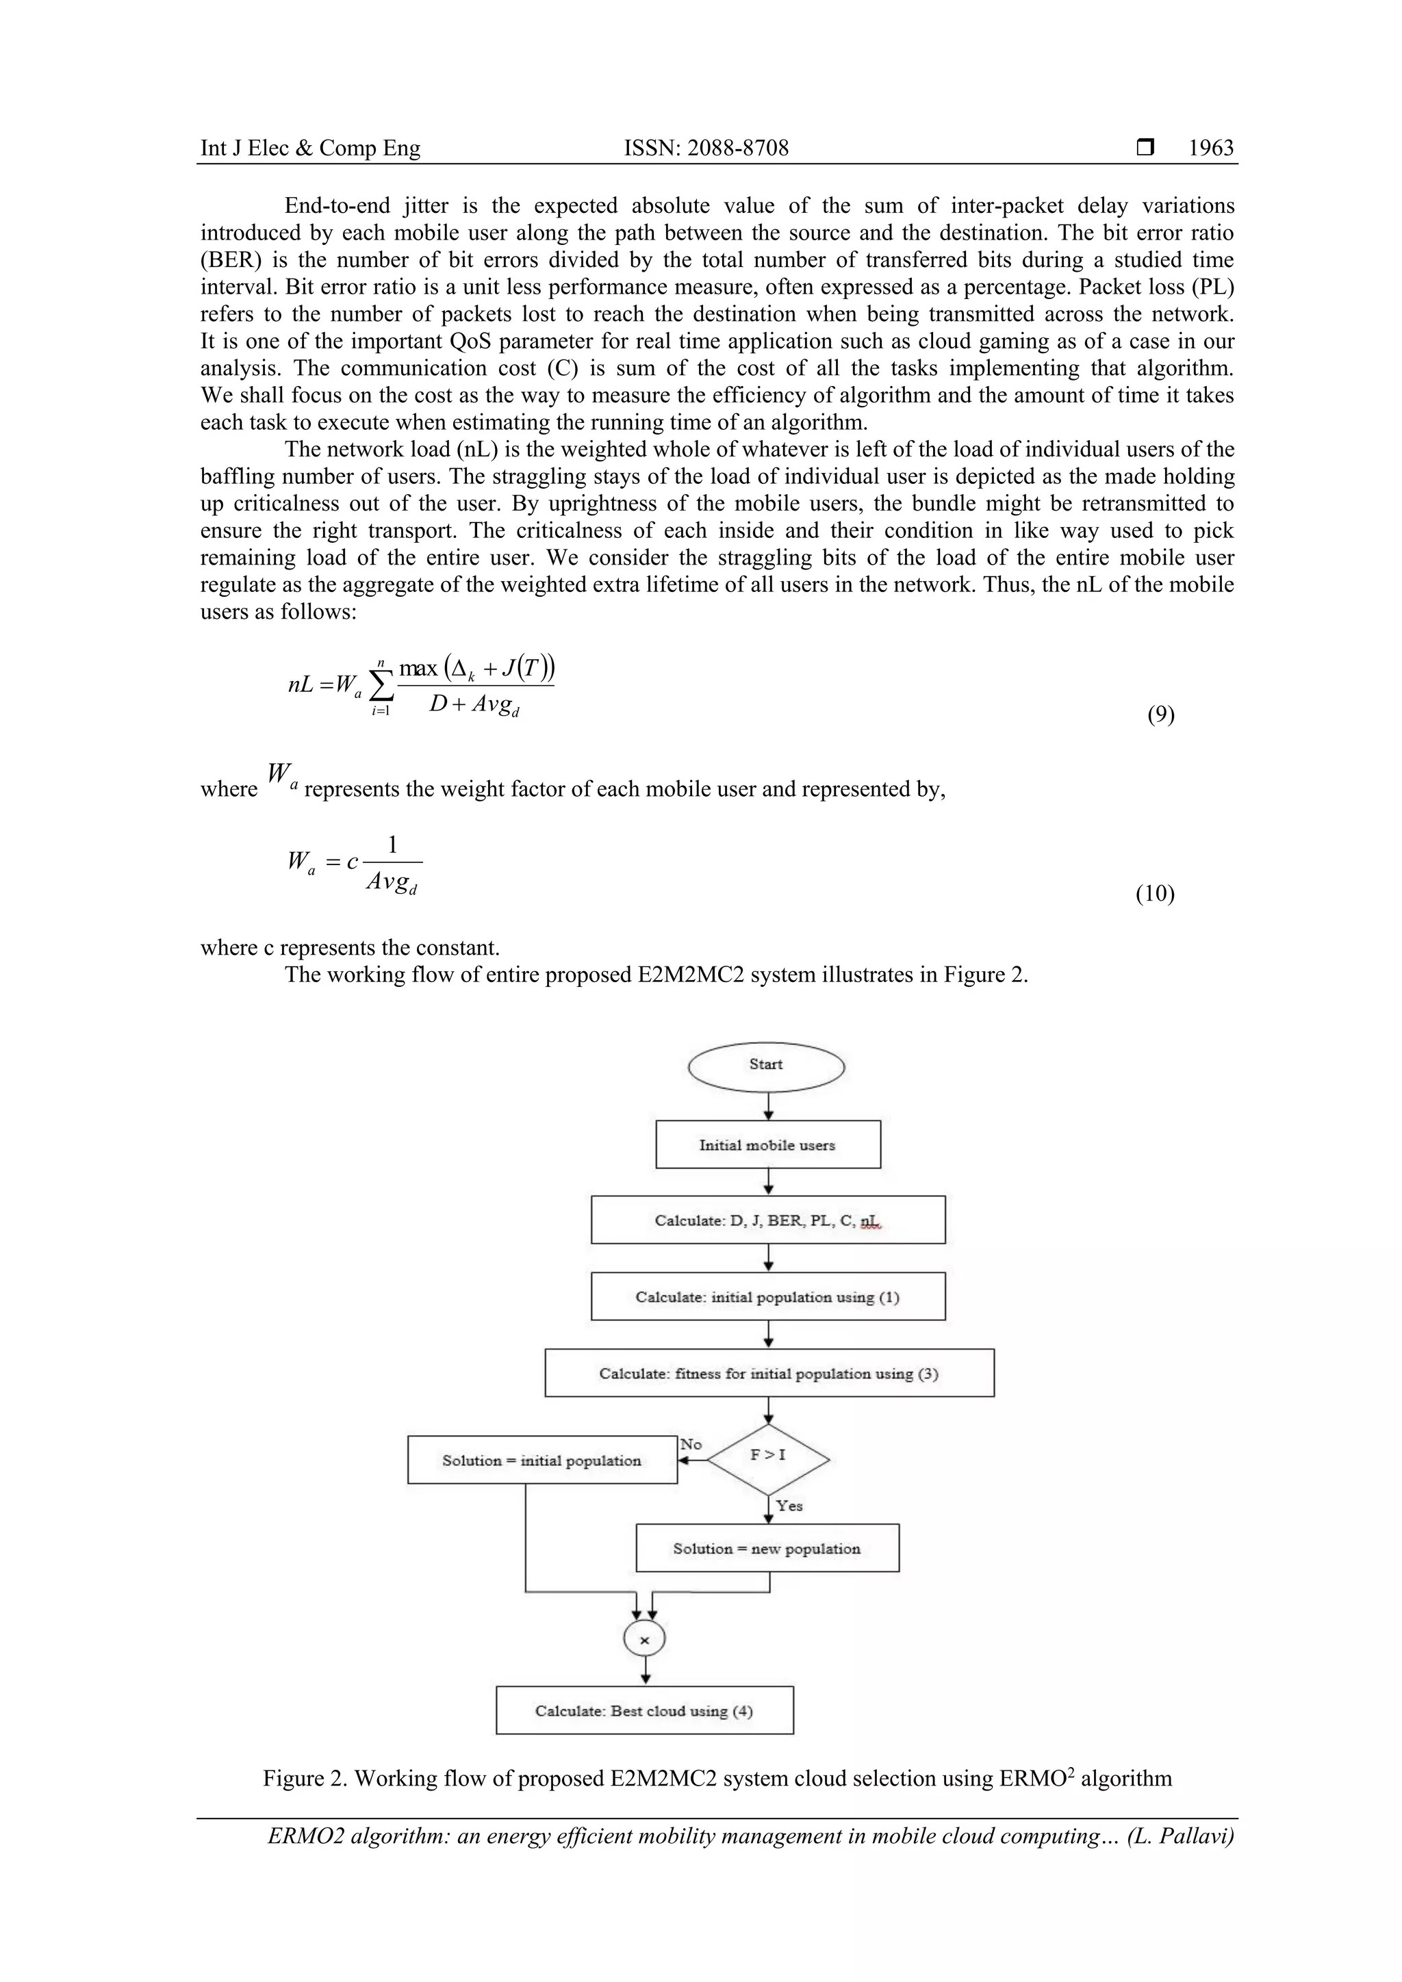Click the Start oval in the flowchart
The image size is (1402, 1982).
(x=766, y=1067)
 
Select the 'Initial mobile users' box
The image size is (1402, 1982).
(x=767, y=1145)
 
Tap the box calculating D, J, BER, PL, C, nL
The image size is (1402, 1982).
(x=767, y=1220)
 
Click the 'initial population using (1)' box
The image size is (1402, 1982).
(x=767, y=1297)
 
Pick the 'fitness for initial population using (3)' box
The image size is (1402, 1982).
(x=768, y=1374)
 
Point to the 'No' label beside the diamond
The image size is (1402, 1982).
(x=691, y=1444)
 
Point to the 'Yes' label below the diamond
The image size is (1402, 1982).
(x=789, y=1506)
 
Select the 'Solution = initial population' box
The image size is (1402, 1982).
(x=541, y=1460)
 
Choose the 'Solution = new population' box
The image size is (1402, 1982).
(x=767, y=1549)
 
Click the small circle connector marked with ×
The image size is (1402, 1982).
(x=644, y=1640)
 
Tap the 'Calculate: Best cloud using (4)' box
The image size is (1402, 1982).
(x=644, y=1711)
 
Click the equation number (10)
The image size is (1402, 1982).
(x=1154, y=892)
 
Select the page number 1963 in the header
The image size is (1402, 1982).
(x=1210, y=148)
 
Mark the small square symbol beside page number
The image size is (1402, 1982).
(x=1145, y=148)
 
